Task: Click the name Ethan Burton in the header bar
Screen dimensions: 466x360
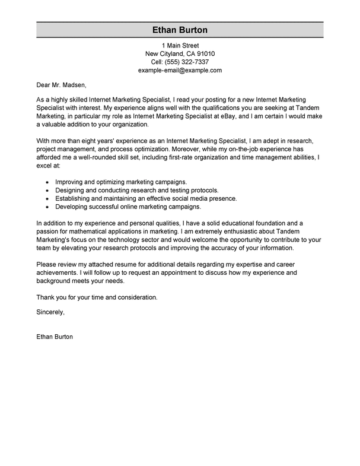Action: pos(180,30)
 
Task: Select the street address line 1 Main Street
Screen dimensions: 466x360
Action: pos(180,45)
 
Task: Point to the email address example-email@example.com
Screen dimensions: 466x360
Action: pos(180,70)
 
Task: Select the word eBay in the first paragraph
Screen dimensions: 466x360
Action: pos(222,117)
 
